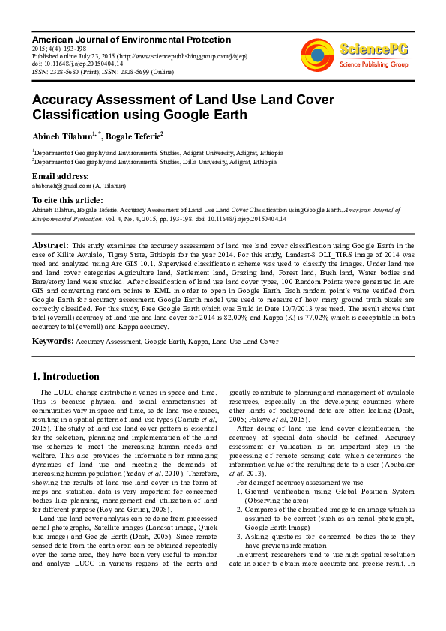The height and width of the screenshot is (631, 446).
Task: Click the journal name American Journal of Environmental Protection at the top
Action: click(x=131, y=39)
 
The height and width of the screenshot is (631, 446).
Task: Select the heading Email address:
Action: click(x=60, y=176)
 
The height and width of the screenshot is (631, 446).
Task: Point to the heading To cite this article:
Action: click(x=67, y=200)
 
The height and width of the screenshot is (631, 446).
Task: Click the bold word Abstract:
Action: click(x=50, y=245)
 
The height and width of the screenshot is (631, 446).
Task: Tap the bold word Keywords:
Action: click(x=52, y=342)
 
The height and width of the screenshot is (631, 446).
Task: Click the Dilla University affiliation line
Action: click(x=154, y=161)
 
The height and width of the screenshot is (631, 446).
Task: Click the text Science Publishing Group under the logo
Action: click(x=373, y=65)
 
